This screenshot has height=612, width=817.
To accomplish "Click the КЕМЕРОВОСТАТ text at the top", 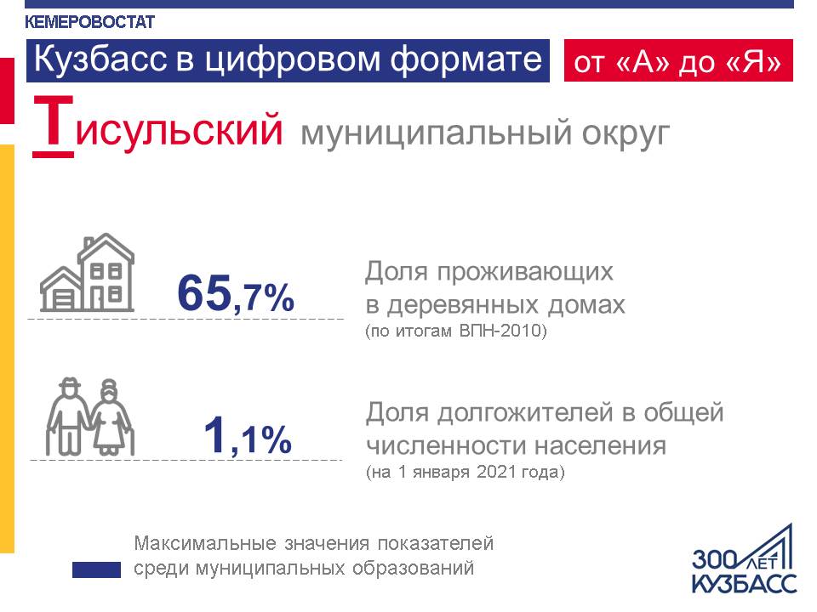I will (x=90, y=22).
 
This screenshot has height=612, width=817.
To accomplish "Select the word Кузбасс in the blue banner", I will (x=87, y=60).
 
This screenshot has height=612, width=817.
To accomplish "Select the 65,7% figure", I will (x=236, y=294).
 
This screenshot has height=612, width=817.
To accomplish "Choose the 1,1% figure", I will (x=248, y=437).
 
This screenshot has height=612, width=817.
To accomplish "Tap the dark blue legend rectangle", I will (x=96, y=569).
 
